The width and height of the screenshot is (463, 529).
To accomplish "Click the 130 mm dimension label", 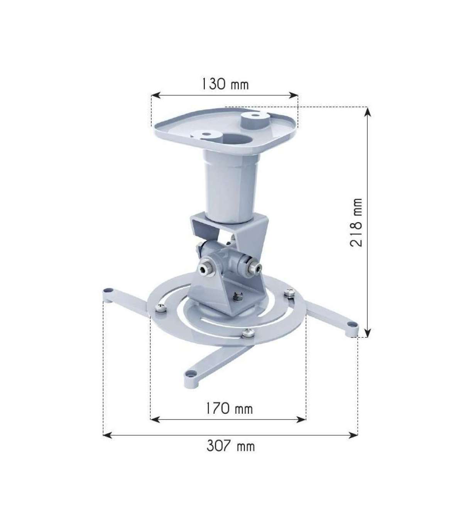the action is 225,84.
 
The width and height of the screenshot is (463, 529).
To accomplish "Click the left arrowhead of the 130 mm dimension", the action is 156,95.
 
